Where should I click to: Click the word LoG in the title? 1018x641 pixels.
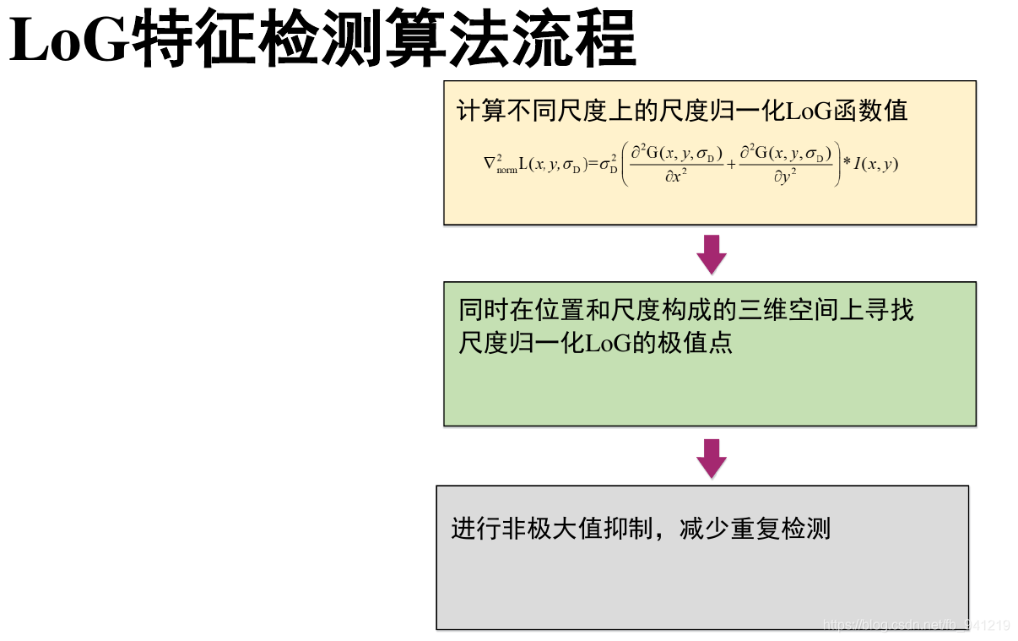[68, 40]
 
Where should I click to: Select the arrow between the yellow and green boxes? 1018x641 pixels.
[711, 253]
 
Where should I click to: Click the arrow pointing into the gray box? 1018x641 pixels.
[711, 459]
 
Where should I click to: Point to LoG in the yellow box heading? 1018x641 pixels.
[809, 111]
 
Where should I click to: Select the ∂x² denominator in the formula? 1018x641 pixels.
[673, 177]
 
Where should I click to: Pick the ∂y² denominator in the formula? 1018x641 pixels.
[785, 177]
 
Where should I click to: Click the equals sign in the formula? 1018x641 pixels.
[593, 164]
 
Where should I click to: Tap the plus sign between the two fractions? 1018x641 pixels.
[731, 164]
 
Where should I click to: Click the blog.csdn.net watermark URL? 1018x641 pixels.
[916, 626]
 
